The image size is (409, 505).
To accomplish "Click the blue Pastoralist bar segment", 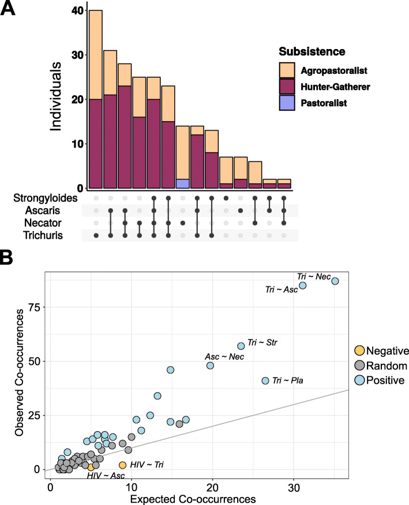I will (183, 183).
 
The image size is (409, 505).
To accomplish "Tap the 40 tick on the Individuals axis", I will (75, 10).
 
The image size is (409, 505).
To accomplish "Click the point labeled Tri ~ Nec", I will (335, 281).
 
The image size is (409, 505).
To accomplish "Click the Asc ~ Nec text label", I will (225, 357).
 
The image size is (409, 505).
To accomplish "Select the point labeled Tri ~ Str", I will (241, 346).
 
